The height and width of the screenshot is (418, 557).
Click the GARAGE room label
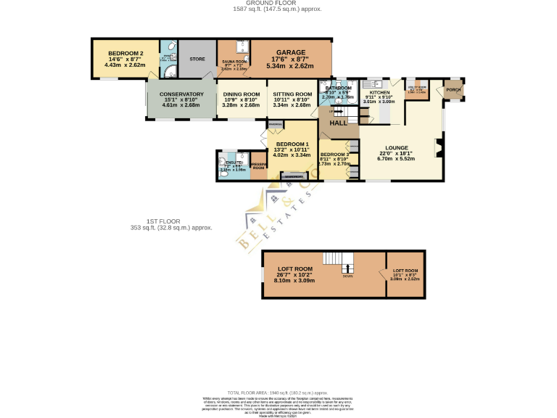(x=290, y=52)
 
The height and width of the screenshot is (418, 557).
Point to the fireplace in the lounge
(x=437, y=148)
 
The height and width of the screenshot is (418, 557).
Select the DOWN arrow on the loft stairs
(x=348, y=268)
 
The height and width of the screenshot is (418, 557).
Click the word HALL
(x=339, y=123)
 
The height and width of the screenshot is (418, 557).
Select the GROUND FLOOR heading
(x=278, y=4)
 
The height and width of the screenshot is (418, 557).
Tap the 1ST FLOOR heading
(x=162, y=221)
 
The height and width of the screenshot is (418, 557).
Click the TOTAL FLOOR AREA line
(x=278, y=391)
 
